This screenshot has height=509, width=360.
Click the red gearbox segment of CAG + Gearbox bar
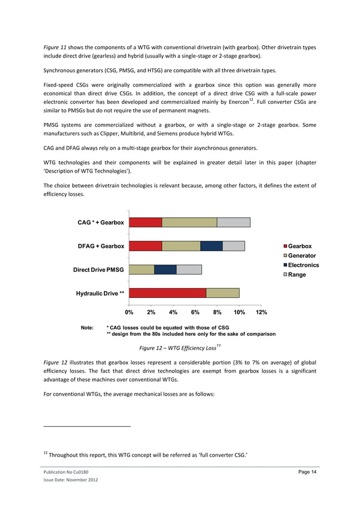146,222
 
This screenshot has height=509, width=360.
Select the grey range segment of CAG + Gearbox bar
234,222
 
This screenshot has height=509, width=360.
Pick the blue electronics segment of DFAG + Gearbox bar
212,246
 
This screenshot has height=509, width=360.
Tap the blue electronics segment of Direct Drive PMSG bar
165,270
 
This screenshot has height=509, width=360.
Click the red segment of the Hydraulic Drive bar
168,293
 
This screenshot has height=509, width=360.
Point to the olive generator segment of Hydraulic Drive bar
222,293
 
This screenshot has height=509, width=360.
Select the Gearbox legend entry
299,246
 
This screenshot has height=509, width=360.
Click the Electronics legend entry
303,265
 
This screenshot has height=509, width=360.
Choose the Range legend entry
297,275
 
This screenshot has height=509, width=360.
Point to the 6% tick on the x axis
195,311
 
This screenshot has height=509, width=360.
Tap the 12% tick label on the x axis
261,311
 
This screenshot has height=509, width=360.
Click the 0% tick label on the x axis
129,311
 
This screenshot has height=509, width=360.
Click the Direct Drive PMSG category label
99,270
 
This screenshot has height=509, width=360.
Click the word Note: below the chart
87,327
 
